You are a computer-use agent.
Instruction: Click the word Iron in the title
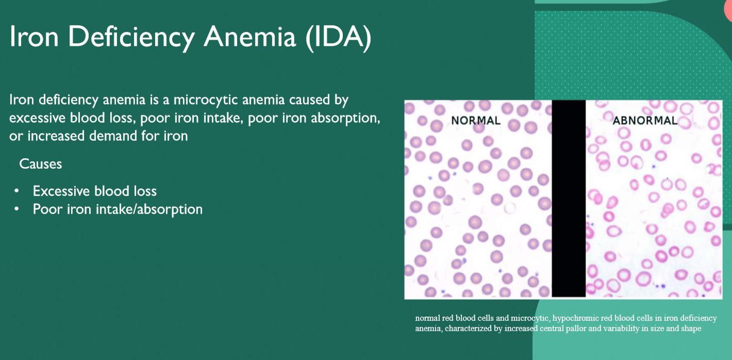pos(34,36)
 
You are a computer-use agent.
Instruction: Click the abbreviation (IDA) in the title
pos(339,37)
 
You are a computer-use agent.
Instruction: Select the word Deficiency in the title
pos(131,38)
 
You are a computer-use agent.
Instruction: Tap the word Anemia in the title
pos(249,36)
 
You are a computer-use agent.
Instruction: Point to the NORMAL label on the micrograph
pos(475,121)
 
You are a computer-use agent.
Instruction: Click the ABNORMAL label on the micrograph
pos(645,121)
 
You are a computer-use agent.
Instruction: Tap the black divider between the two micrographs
pos(569,199)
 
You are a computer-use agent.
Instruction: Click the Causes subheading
pos(41,164)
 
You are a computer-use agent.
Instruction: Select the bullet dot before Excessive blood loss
pos(16,191)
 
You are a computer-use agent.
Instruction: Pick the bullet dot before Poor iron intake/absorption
pos(16,209)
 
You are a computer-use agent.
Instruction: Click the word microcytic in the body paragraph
pos(206,100)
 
